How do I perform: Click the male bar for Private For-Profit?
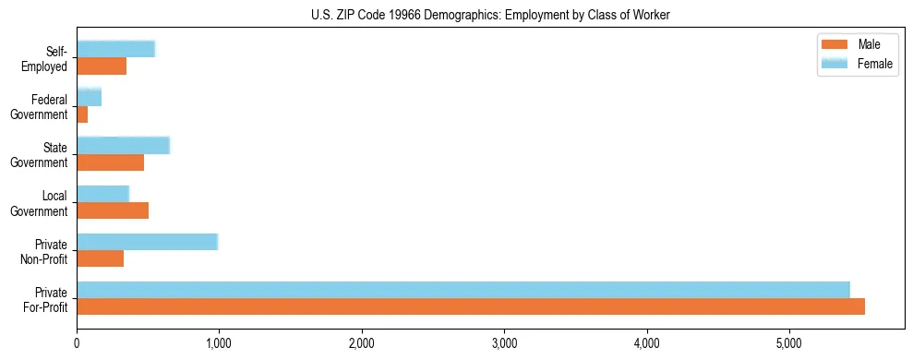tap(471, 306)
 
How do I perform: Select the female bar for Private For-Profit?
tap(463, 290)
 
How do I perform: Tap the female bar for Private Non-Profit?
tap(147, 242)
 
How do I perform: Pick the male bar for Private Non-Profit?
tap(100, 258)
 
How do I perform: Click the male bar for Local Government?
tap(113, 210)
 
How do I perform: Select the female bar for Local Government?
tap(102, 194)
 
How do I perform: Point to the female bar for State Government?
tap(123, 146)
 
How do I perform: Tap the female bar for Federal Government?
tap(89, 98)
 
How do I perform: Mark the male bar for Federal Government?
tap(82, 114)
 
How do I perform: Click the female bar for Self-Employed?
tap(115, 50)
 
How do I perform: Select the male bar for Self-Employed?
tap(102, 66)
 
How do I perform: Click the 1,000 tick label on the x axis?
tap(219, 344)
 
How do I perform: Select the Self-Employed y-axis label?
tap(50, 58)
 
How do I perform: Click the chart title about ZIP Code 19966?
tap(488, 15)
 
